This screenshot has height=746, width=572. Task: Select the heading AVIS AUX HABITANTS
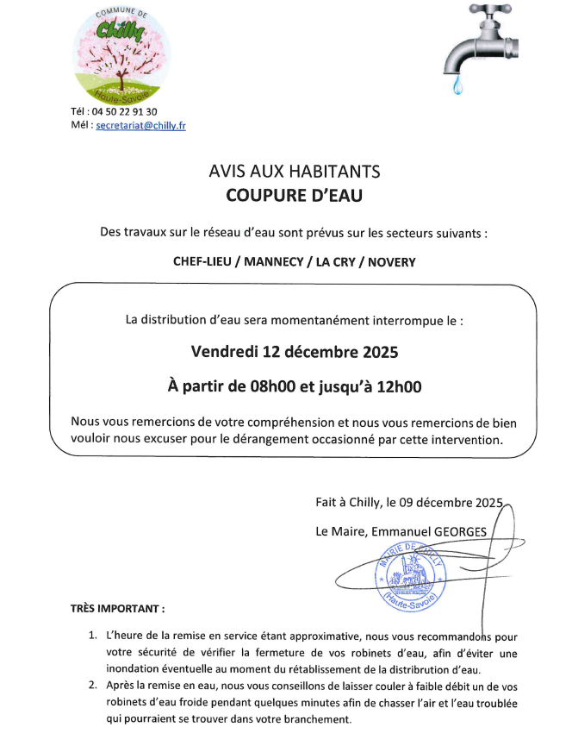(295, 172)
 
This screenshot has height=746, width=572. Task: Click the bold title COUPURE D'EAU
(295, 196)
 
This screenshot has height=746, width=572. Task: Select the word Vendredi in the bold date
(227, 352)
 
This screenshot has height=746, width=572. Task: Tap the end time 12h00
(401, 386)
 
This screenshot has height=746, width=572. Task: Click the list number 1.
(93, 636)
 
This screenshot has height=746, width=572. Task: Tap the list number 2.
(93, 686)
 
